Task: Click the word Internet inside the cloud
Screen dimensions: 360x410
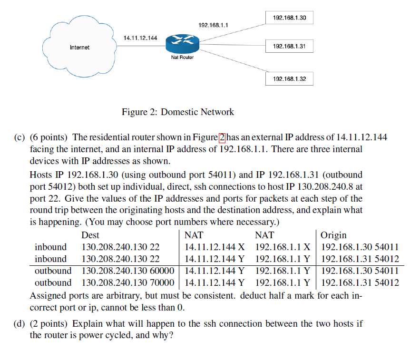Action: tap(79, 48)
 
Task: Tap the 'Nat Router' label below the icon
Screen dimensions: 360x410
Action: tap(182, 58)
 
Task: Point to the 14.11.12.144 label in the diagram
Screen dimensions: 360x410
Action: tap(140, 38)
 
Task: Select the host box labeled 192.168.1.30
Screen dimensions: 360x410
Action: tap(289, 18)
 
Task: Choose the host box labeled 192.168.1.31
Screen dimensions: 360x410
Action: tap(289, 47)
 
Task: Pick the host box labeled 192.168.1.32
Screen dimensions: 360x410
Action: tap(289, 78)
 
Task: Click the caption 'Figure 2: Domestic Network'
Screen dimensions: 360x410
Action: tap(178, 112)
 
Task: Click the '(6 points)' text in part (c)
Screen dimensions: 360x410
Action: tap(49, 137)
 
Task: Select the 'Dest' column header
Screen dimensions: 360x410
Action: tap(90, 235)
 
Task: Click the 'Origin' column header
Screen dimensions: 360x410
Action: tap(333, 235)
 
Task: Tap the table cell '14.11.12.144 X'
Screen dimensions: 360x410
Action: tap(215, 247)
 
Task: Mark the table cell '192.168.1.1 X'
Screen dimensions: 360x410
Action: tap(283, 247)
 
